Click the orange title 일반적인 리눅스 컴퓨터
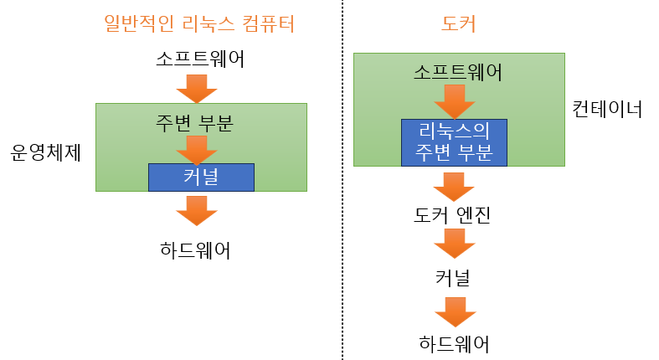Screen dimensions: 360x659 [x=199, y=24]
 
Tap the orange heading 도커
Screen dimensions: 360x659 [x=458, y=24]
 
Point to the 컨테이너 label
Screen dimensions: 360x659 [x=607, y=109]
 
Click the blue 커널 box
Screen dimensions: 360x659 [x=201, y=177]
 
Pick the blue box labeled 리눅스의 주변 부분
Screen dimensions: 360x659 [x=455, y=141]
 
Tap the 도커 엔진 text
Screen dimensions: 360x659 [x=452, y=215]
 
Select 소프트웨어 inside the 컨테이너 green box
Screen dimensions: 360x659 [x=457, y=72]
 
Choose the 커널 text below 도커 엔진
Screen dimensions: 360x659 [x=453, y=278]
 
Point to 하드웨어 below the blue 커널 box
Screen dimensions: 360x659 [x=195, y=249]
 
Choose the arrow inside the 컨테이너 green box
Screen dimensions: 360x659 [x=455, y=100]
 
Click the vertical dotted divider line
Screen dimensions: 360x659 [x=342, y=180]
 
